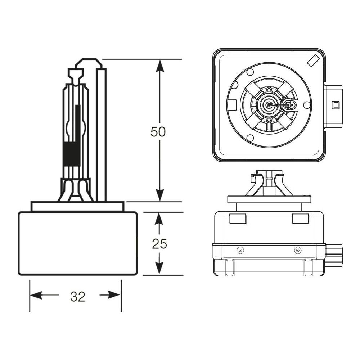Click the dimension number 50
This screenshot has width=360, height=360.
pos(158,132)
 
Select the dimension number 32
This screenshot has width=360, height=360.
pos(77,297)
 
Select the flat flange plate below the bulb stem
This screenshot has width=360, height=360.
pos(77,206)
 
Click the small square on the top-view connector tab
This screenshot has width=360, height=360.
pos(336,105)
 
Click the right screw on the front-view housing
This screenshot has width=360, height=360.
pos(297,250)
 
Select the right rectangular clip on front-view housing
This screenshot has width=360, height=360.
pos(300,219)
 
